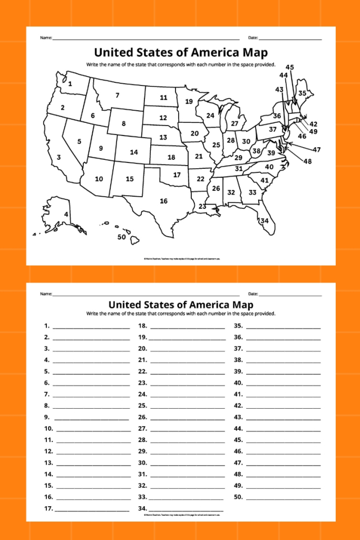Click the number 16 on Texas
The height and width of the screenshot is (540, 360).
[x=164, y=201]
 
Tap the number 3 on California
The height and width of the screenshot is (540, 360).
[x=59, y=157]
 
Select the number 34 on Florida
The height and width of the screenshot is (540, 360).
[x=264, y=220]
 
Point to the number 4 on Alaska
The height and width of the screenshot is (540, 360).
[x=66, y=214]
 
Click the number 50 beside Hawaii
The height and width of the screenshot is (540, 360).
[x=122, y=237]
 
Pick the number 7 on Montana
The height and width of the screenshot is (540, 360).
[x=117, y=95]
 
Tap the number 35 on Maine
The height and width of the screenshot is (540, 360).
[x=302, y=93]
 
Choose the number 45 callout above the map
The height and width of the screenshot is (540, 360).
[x=290, y=67]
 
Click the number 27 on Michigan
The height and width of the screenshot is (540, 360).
[x=235, y=124]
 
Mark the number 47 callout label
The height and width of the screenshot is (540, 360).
[x=316, y=150]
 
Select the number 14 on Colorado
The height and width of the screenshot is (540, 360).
[x=134, y=152]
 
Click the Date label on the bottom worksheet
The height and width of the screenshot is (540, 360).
[x=253, y=294]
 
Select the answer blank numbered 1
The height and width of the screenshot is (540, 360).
[x=91, y=327]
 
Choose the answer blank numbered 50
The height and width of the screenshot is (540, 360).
[x=283, y=497]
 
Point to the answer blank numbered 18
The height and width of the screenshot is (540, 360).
[x=187, y=327]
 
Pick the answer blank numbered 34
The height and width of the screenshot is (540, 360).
[x=187, y=509]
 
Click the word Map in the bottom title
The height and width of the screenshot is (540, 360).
[x=242, y=305]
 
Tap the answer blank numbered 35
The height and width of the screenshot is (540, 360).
[x=283, y=327]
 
